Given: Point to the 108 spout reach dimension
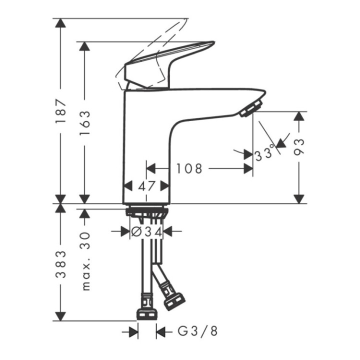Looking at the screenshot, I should [189, 169].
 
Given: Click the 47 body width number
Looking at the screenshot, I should [146, 186].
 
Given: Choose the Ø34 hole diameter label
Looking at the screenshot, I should [146, 231].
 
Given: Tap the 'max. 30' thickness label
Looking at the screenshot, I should [85, 261].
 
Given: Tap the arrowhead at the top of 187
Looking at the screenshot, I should [61, 24].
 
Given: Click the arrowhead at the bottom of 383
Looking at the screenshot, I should [61, 315].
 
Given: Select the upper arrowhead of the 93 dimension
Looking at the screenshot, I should [299, 116].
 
